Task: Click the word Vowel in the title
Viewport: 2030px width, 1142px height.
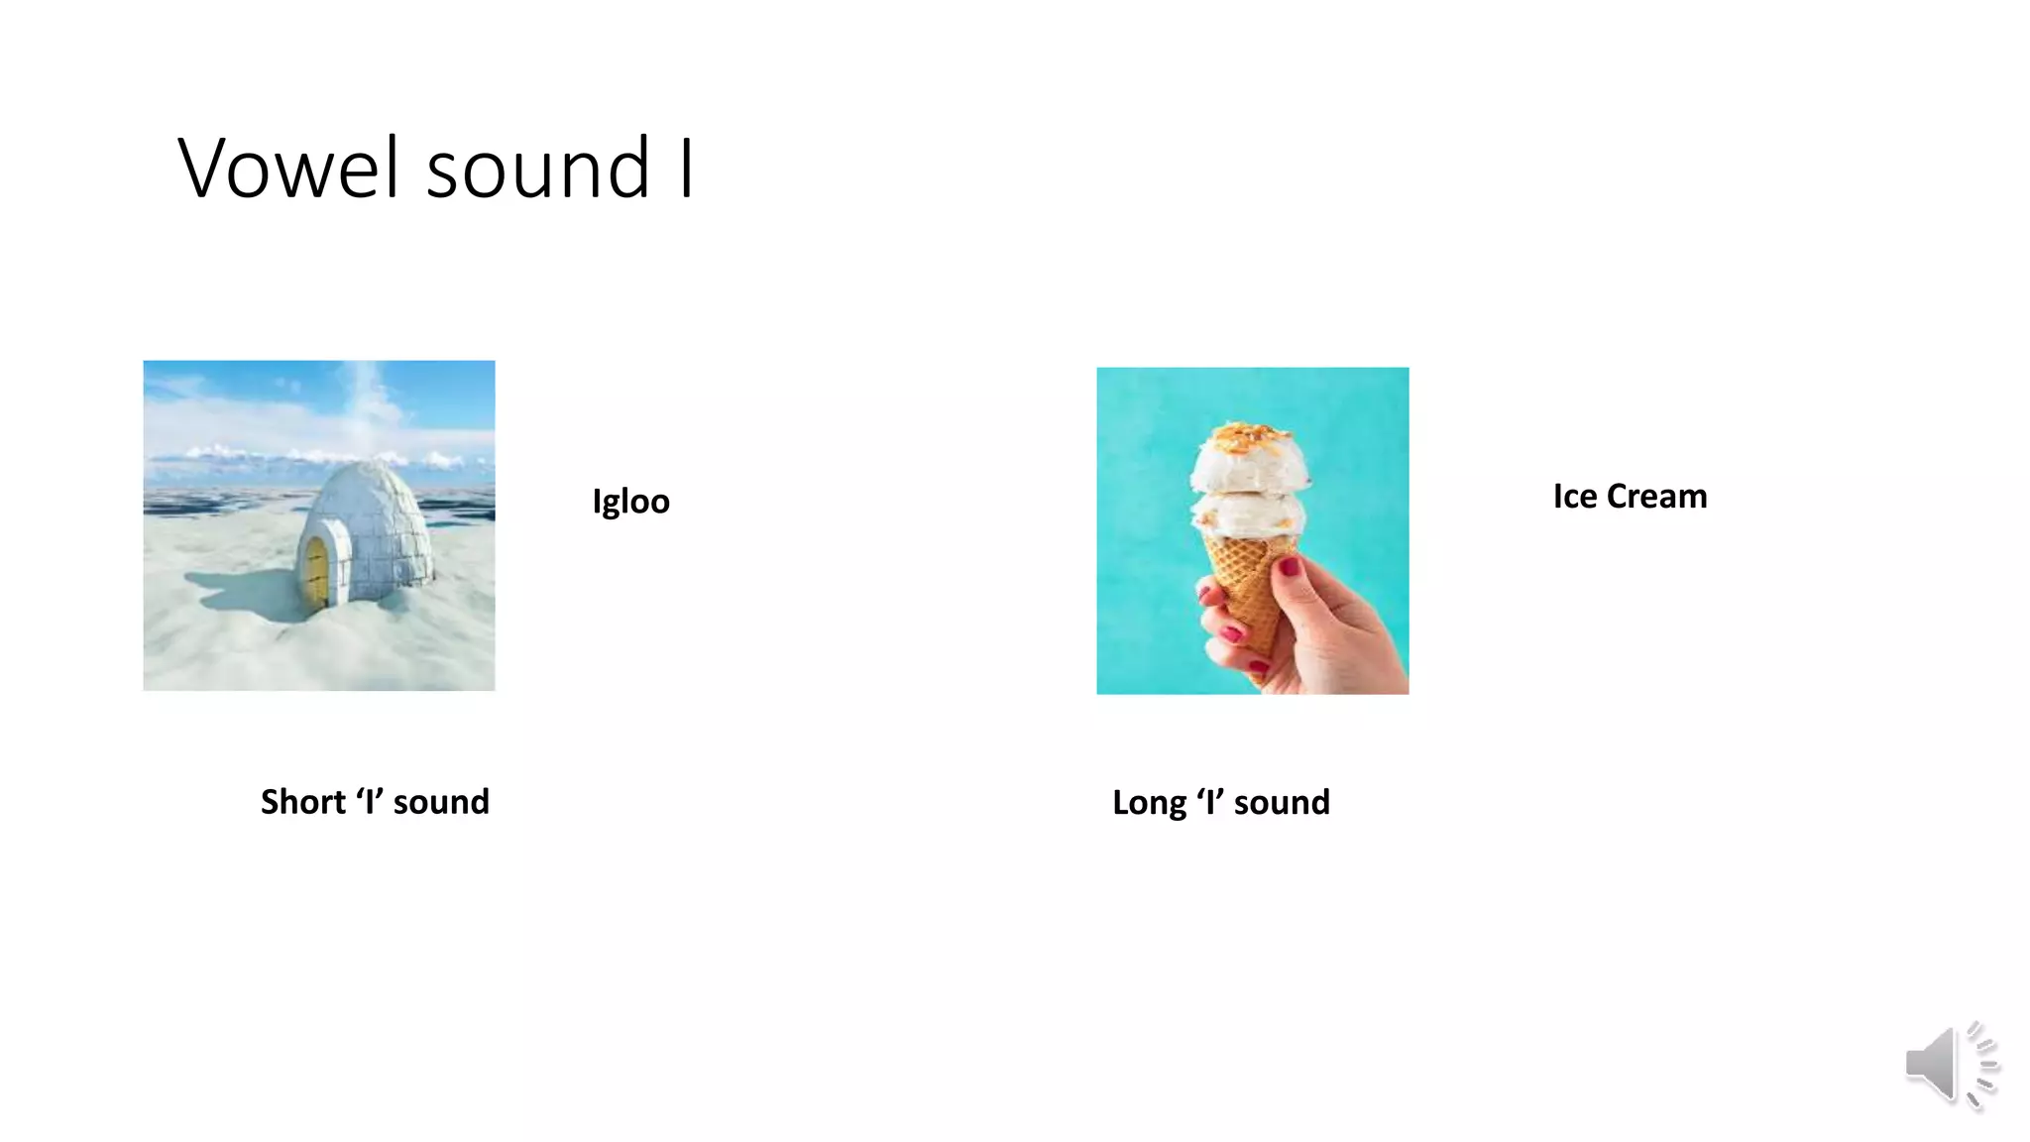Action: [289, 169]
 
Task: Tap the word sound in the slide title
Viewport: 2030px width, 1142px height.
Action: [538, 169]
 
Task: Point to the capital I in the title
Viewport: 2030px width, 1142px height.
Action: [686, 169]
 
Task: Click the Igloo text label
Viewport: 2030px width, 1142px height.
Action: [630, 502]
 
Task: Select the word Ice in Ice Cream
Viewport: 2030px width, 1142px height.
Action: [1575, 497]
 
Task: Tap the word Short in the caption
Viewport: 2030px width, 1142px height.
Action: [302, 802]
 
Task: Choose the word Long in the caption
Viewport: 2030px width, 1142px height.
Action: [1148, 803]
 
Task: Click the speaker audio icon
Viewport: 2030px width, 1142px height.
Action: [1947, 1065]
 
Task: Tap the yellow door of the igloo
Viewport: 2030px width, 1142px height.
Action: [316, 574]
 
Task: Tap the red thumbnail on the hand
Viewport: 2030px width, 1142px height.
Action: [1289, 567]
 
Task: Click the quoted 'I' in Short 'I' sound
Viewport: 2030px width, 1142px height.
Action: [370, 801]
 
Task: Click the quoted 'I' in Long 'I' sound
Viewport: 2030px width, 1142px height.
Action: [1210, 802]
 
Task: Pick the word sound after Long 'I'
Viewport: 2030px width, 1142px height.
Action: [1282, 803]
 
